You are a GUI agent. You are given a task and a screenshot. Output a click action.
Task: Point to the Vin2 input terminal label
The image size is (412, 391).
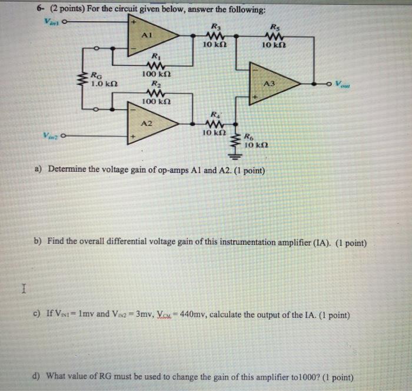[x=49, y=135]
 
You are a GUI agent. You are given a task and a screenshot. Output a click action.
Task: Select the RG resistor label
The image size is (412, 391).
[x=95, y=76]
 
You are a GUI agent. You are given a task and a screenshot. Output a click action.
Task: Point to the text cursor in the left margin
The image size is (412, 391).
[x=22, y=289]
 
